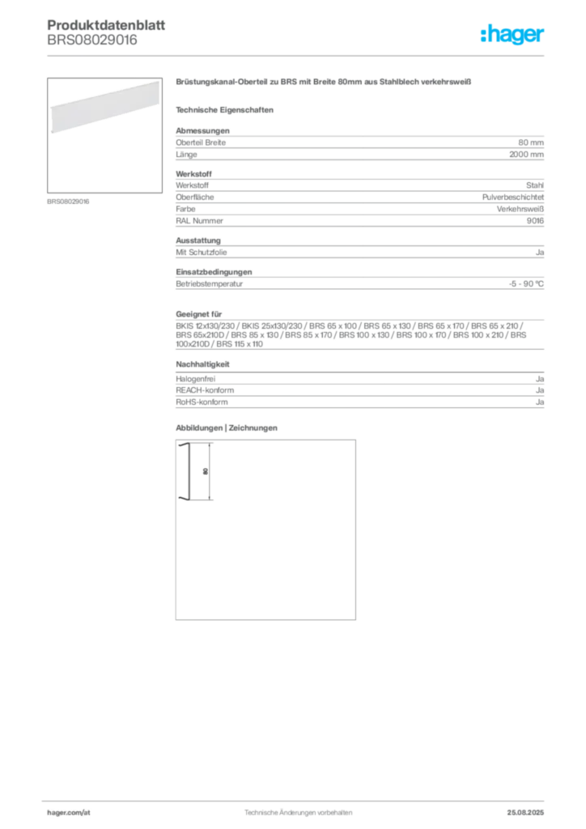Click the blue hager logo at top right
(514, 36)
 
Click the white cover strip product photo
(102, 109)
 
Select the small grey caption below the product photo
(68, 201)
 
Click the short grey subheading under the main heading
(227, 109)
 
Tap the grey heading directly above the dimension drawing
(227, 426)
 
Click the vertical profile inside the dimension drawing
(185, 474)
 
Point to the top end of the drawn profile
(184, 445)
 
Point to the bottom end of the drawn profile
(185, 502)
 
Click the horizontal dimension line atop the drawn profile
(202, 443)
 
